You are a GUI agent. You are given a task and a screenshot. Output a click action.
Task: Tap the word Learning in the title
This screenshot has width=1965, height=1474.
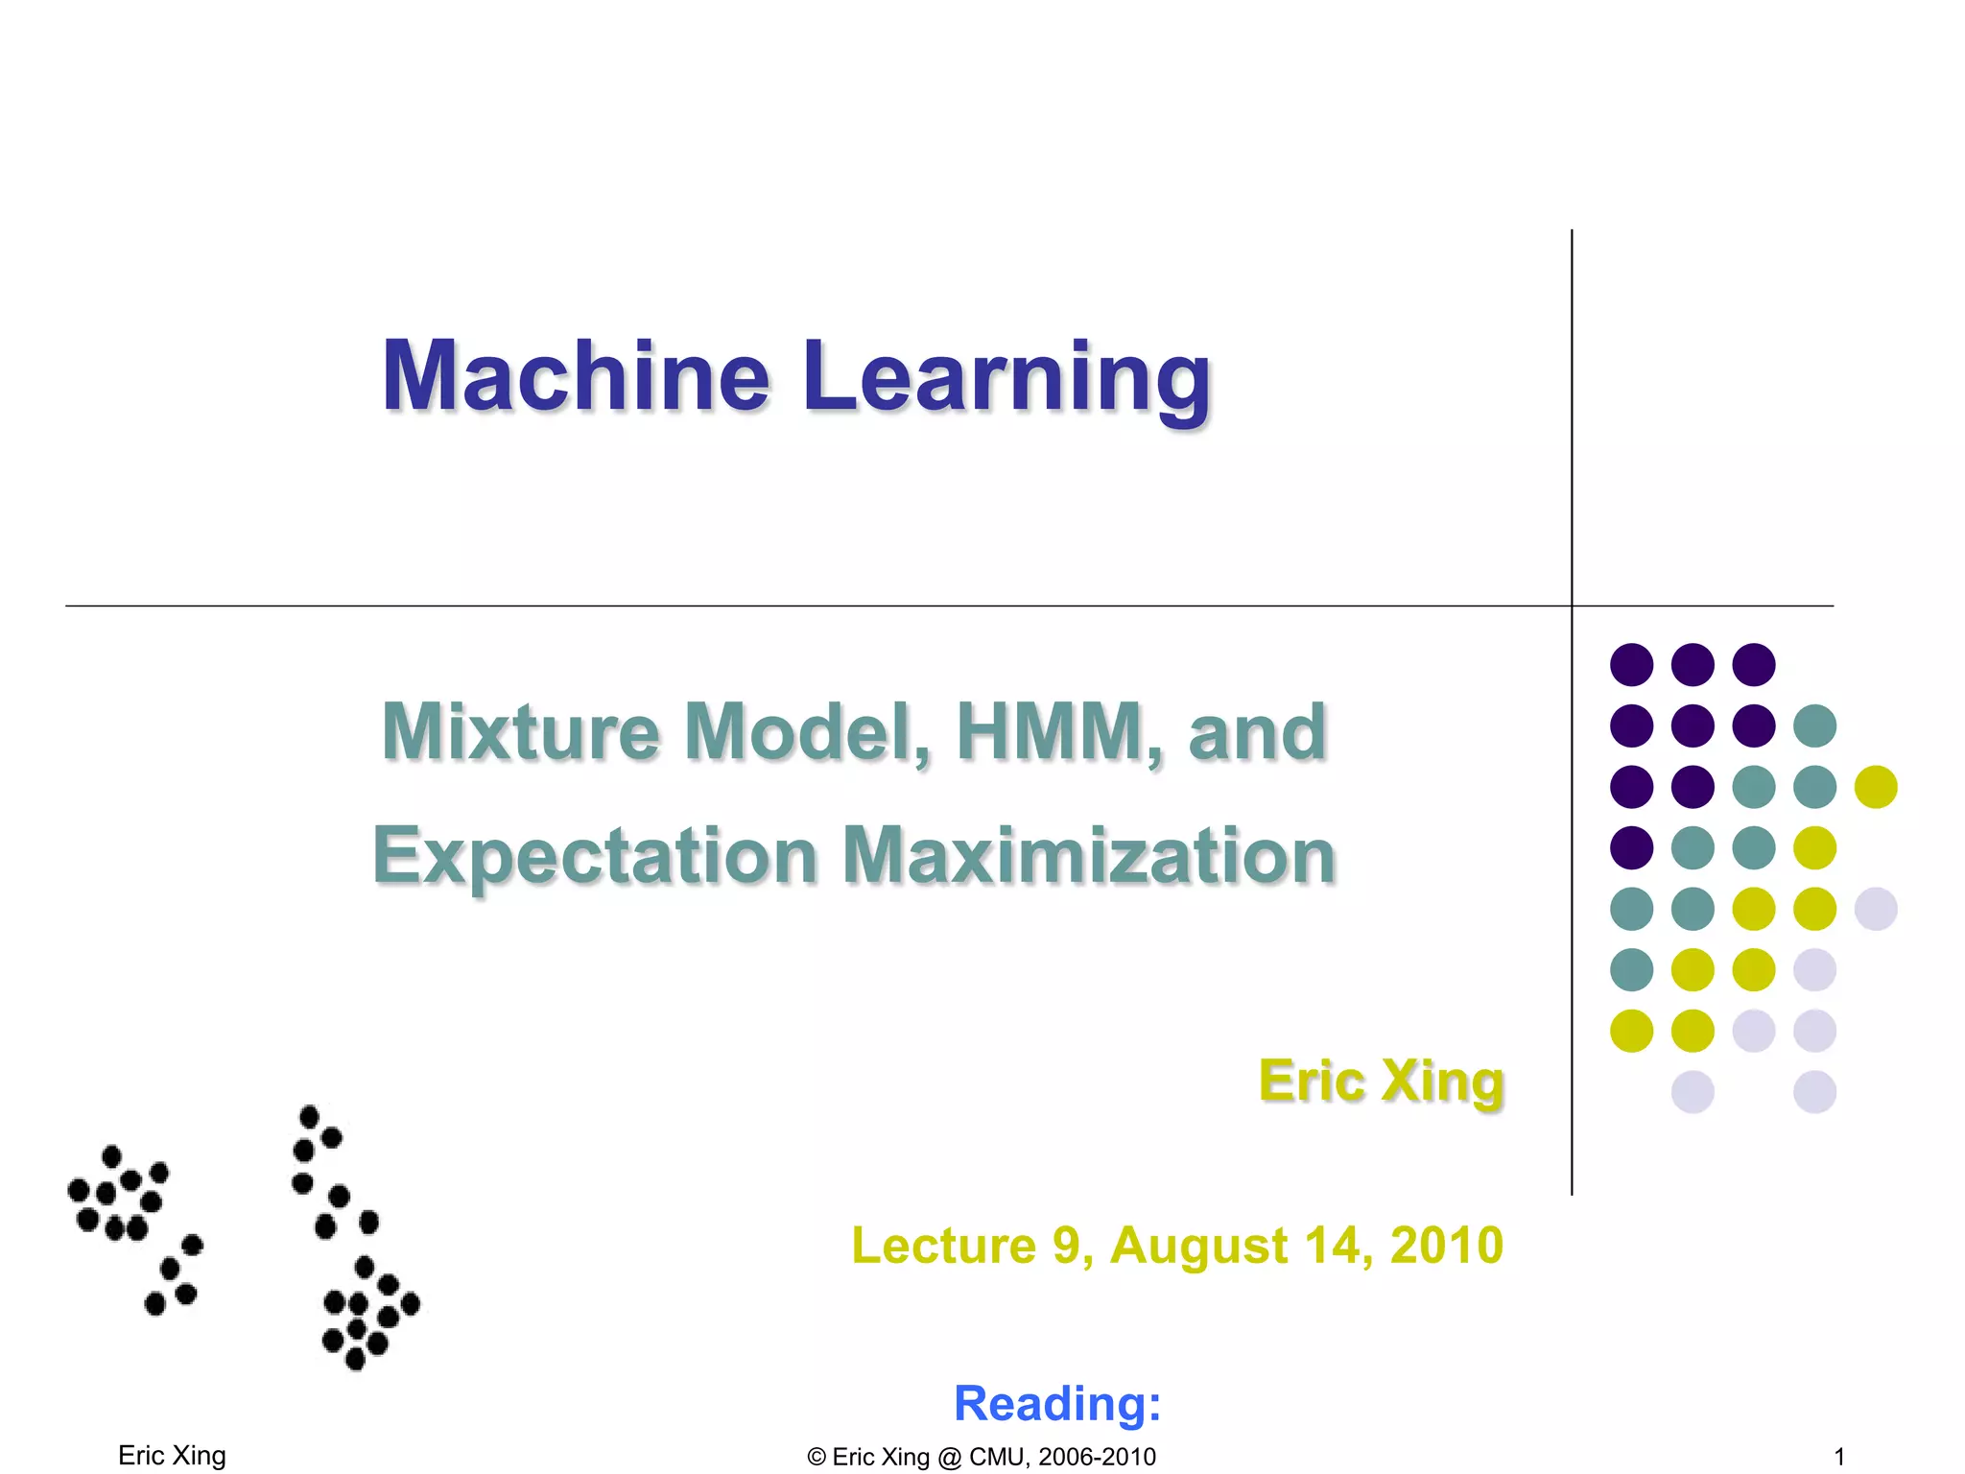point(1007,378)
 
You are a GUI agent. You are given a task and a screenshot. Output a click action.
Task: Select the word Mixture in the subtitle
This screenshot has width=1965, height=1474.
point(520,731)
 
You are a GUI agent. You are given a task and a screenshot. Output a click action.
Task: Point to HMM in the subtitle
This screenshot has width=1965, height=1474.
point(1058,731)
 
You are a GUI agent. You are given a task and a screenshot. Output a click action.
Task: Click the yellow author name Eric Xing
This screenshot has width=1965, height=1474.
point(1381,1082)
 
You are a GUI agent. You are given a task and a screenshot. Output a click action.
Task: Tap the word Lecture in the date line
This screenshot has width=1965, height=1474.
point(943,1246)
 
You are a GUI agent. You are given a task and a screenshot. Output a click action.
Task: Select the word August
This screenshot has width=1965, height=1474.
point(1198,1246)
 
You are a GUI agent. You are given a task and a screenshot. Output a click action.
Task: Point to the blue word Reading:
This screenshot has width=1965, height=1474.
point(1057,1403)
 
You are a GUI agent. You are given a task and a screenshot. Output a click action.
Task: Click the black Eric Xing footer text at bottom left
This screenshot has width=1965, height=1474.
point(172,1456)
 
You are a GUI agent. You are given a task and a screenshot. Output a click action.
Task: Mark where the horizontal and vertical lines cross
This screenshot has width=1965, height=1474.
point(1572,606)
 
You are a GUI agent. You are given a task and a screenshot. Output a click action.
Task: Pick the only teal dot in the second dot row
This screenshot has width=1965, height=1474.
point(1814,725)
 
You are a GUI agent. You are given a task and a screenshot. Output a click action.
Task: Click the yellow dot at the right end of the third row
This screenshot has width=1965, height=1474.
point(1876,787)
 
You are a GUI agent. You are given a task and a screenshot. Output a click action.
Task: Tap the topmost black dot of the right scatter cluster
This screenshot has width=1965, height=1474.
point(309,1116)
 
